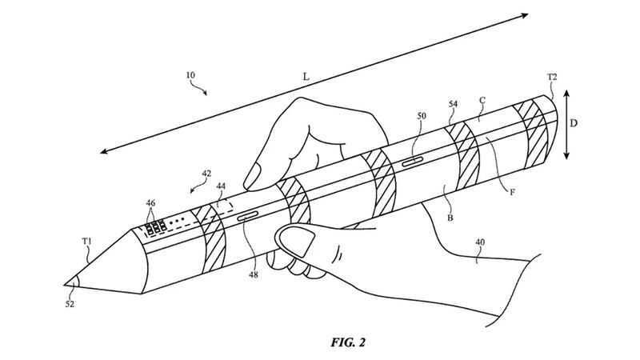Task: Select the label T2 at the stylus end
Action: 551,77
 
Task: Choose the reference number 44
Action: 222,186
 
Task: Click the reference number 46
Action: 151,204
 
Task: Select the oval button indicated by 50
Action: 413,160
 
